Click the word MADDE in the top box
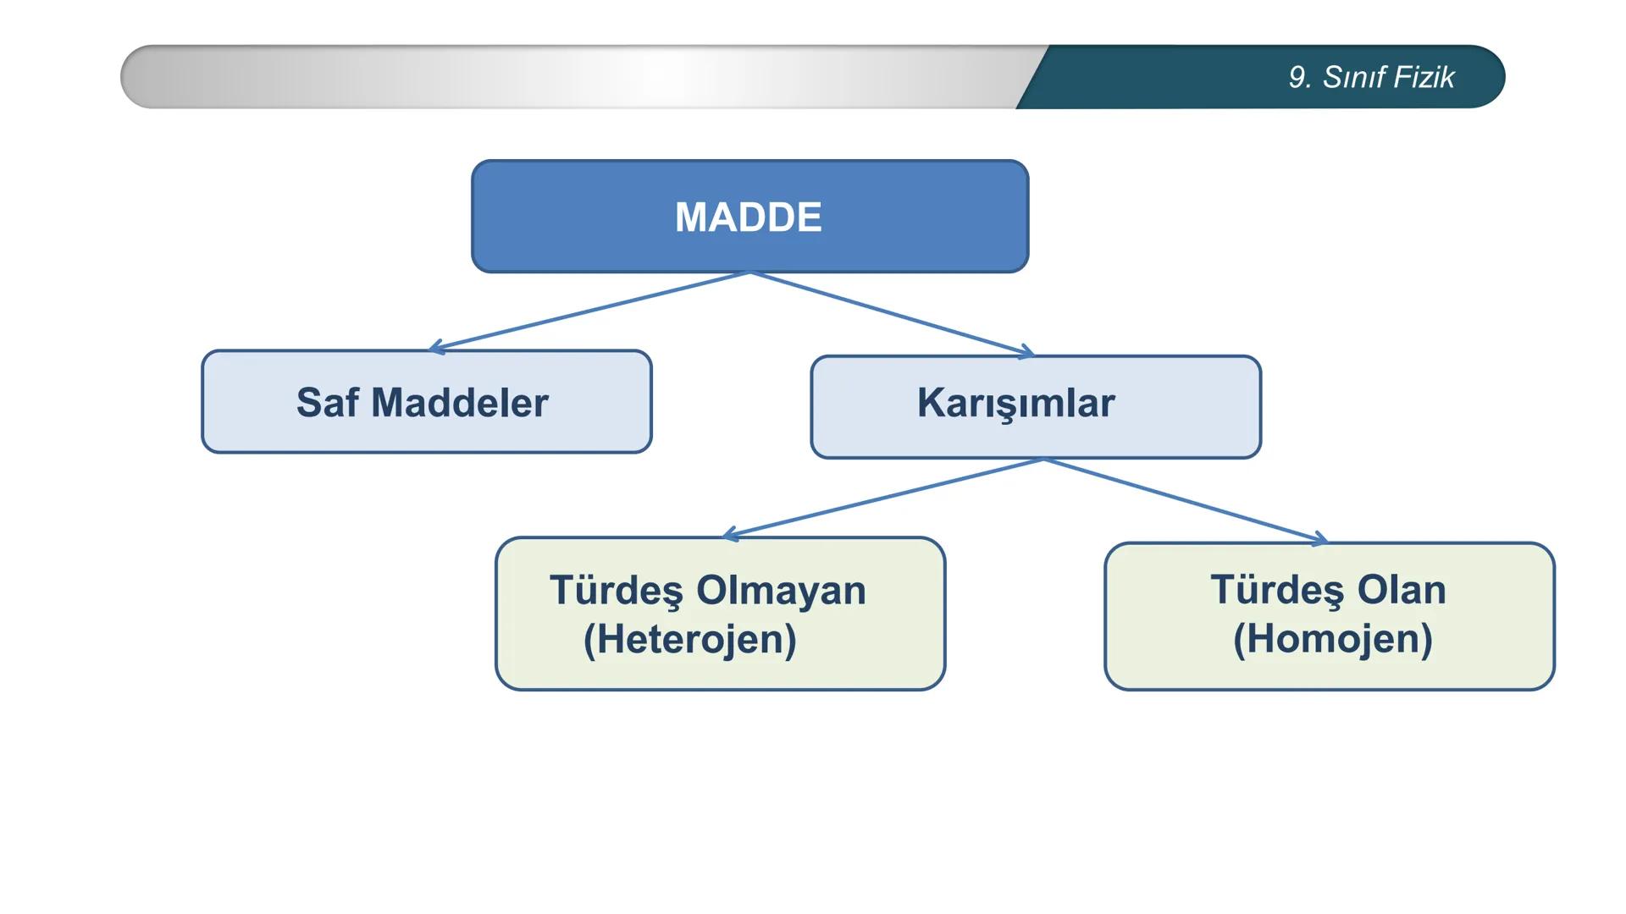748,217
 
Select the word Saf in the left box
327,403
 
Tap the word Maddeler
460,403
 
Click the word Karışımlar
1015,404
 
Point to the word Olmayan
781,591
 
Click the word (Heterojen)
689,639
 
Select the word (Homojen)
1332,639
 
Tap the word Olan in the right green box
1401,590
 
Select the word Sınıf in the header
1352,77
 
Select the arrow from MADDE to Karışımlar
889,313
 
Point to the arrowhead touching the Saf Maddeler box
435,347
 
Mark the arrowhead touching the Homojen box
1320,539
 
